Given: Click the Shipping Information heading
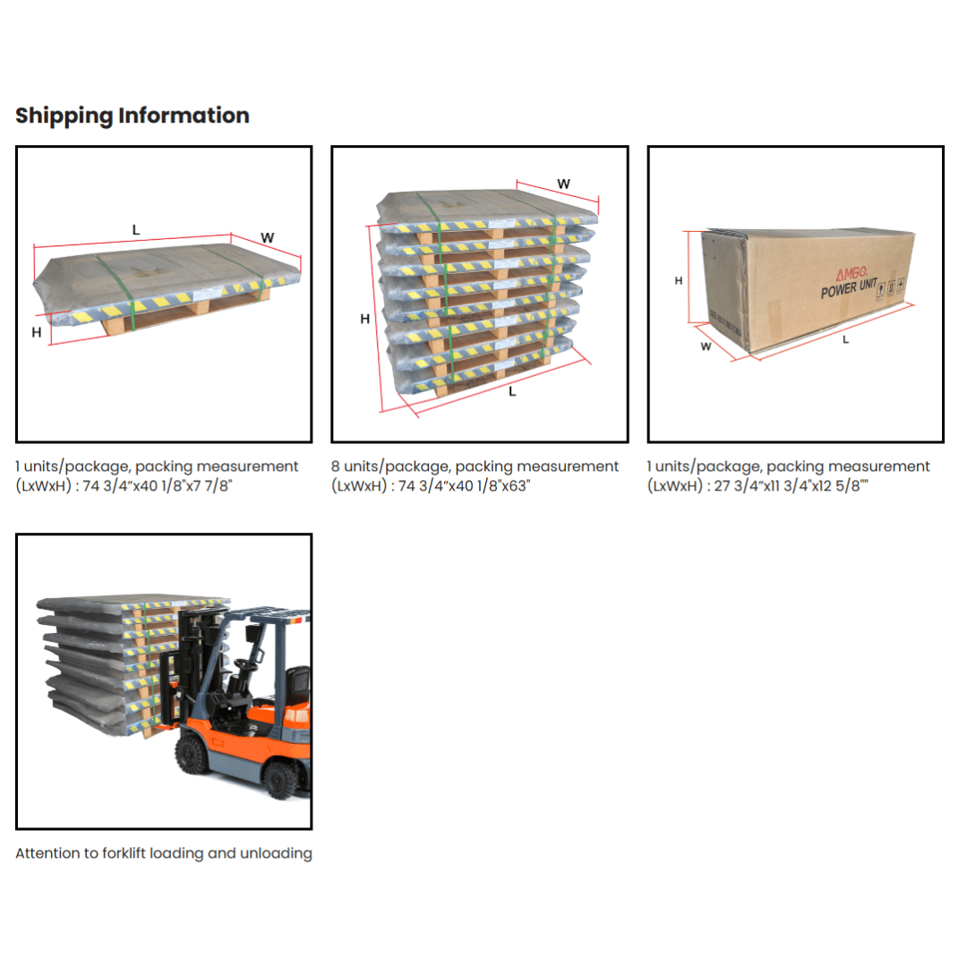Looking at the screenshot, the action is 132,116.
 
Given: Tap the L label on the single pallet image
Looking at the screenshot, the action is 136,230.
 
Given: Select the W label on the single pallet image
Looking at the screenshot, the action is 267,237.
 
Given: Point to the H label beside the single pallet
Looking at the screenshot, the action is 37,332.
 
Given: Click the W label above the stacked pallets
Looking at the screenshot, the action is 564,184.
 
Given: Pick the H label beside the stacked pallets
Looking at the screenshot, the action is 365,319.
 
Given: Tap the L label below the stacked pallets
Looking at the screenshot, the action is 512,391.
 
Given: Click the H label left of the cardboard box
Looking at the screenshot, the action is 679,280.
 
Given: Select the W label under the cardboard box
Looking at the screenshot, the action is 706,347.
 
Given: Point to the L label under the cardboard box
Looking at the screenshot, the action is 845,339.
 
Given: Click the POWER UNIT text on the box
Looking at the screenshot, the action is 849,288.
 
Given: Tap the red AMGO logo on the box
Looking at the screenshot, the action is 851,272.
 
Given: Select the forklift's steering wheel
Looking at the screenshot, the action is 245,664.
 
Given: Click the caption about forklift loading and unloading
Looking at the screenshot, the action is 164,853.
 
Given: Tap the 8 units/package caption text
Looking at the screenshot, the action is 475,466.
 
